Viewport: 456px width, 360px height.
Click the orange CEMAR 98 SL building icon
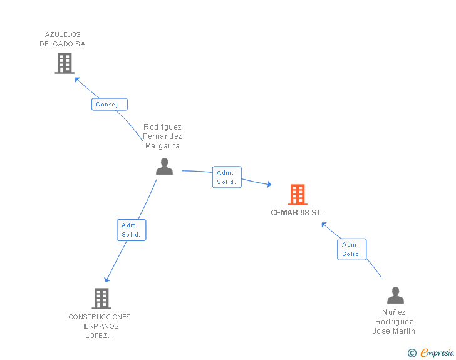point(298,195)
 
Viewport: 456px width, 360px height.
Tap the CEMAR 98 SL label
point(296,213)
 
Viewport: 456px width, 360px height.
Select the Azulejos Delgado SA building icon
point(65,63)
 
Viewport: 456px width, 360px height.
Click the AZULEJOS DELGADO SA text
point(63,39)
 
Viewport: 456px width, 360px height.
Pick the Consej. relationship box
point(110,104)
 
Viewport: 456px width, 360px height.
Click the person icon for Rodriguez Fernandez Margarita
point(164,167)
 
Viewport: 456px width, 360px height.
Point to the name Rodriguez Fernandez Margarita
point(162,136)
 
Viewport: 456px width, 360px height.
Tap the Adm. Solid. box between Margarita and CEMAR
point(227,177)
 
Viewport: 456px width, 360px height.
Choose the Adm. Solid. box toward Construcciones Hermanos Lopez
point(132,230)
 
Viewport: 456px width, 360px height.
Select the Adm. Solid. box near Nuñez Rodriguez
point(351,249)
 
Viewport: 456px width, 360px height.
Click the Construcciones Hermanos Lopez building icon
point(101,299)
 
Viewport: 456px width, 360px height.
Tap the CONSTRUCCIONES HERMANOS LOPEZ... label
point(100,326)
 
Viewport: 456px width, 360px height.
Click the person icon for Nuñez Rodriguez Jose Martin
point(395,295)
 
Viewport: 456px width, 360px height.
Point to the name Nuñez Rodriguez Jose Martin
point(394,322)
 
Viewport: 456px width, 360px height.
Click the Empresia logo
point(437,352)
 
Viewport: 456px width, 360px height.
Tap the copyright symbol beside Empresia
point(412,353)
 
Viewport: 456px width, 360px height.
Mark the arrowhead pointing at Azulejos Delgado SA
point(77,80)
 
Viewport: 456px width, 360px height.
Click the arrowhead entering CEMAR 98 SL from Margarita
point(269,184)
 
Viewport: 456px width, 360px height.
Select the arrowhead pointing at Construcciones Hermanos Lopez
point(106,280)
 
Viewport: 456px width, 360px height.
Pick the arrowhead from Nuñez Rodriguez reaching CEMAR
point(324,225)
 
